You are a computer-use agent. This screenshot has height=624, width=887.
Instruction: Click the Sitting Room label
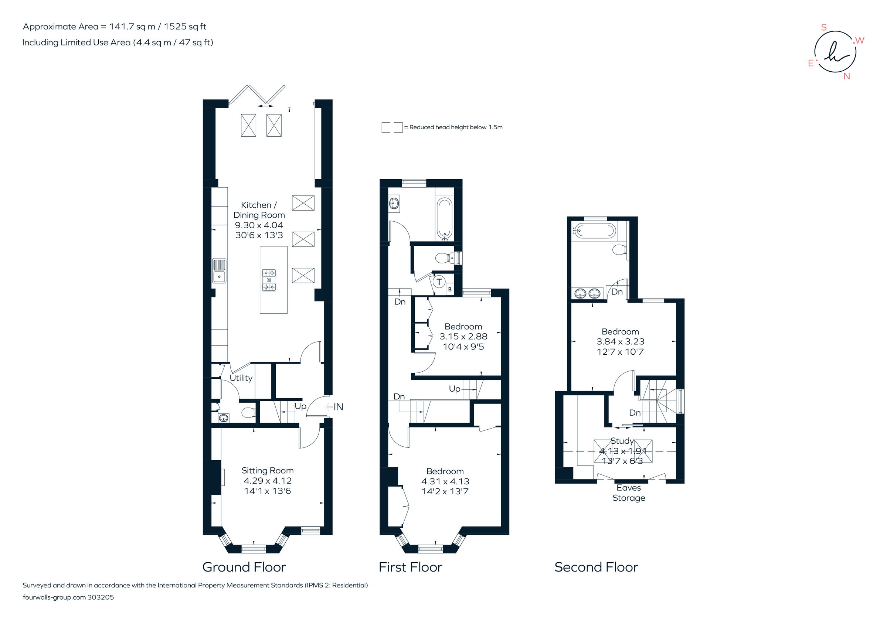(x=267, y=470)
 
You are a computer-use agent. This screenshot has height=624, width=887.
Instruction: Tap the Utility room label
(x=241, y=378)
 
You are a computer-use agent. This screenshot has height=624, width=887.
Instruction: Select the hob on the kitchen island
(x=269, y=280)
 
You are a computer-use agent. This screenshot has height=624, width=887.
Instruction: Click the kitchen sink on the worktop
(x=219, y=271)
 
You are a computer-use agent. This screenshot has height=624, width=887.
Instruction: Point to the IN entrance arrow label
(x=338, y=407)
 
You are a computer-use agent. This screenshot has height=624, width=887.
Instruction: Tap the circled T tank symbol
(x=439, y=282)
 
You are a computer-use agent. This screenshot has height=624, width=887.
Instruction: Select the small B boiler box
(x=450, y=289)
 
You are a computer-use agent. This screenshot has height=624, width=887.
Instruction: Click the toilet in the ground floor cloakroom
(x=248, y=413)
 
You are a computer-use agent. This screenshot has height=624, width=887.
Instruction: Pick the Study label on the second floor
(x=622, y=441)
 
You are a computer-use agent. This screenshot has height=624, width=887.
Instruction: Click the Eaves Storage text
(x=629, y=493)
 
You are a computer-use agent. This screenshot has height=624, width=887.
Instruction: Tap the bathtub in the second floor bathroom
(x=594, y=231)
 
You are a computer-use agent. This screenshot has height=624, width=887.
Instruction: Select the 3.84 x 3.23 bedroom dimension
(x=620, y=341)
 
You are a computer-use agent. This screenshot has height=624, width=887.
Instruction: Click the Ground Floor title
(x=244, y=567)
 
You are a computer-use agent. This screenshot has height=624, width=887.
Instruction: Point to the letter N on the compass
(x=846, y=76)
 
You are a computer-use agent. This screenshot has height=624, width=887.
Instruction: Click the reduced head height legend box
(x=392, y=127)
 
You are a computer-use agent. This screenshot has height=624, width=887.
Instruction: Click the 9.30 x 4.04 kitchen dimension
(x=259, y=225)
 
